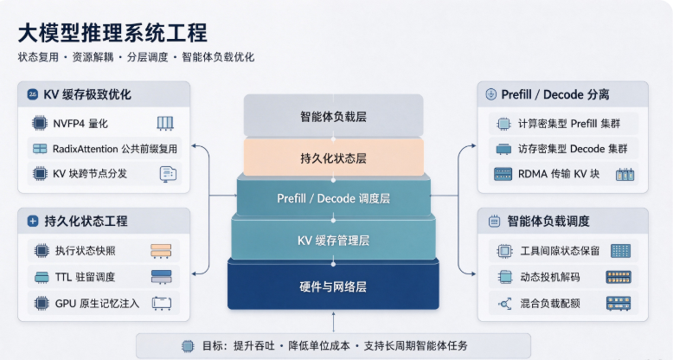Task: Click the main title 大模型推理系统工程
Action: coord(112,34)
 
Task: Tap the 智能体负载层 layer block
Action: coord(334,116)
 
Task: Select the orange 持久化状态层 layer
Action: coord(334,157)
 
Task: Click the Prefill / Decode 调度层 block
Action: coord(334,197)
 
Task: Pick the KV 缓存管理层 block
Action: coord(334,240)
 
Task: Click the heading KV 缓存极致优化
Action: coord(87,94)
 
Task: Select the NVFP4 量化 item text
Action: coord(80,124)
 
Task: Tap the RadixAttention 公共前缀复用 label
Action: coord(114,149)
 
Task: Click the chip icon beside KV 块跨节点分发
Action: coord(40,174)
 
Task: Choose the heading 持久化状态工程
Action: coord(86,222)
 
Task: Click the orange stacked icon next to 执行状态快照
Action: coord(161,251)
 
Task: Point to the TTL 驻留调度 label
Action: coord(85,277)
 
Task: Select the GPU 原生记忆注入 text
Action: coord(97,303)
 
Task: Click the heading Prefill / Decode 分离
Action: coord(555,94)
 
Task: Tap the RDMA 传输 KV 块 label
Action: coord(559,174)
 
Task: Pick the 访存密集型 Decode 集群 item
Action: coord(573,149)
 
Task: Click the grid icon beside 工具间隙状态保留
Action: coord(620,251)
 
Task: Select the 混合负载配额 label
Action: coord(550,303)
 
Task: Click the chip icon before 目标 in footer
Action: coord(188,346)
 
